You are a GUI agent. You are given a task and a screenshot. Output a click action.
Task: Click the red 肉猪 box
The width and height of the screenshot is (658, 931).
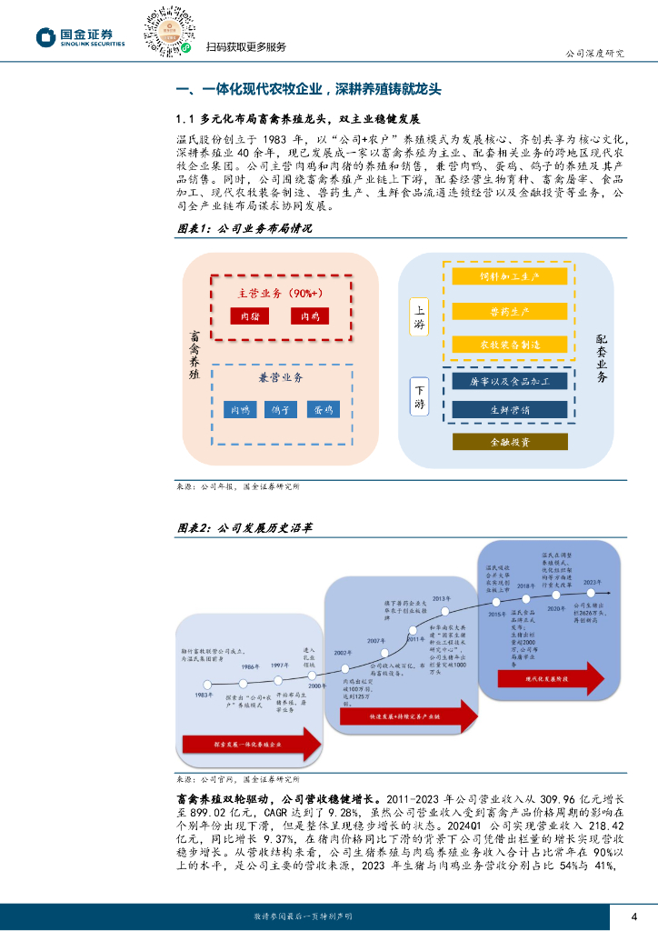click(244, 316)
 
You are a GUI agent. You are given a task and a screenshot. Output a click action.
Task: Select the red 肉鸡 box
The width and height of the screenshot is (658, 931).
click(309, 316)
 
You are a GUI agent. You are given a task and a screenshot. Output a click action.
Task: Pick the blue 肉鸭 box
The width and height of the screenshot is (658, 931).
click(240, 410)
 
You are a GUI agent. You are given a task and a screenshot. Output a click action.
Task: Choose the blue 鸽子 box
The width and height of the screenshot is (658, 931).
click(281, 410)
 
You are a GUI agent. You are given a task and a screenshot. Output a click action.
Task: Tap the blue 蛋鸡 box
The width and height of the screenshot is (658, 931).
click(323, 410)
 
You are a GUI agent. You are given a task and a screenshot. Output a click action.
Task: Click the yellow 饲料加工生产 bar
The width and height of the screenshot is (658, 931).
click(509, 275)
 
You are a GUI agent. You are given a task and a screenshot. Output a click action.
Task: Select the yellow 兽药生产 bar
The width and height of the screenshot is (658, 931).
click(509, 310)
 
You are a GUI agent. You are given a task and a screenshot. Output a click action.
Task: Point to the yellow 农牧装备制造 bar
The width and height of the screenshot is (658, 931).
click(509, 345)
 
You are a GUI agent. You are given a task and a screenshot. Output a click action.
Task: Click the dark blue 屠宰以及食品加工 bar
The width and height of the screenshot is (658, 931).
click(509, 380)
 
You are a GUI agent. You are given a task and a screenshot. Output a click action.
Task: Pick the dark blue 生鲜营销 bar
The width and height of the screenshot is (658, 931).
click(509, 409)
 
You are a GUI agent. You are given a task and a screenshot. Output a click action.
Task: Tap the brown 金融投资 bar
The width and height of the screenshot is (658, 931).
click(509, 442)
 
